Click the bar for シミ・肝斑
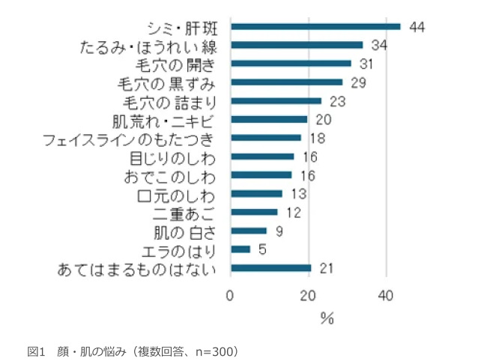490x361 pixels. click(315, 26)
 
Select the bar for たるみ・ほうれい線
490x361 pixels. click(297, 45)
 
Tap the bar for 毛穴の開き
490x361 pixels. click(291, 64)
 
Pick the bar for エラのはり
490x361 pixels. click(241, 249)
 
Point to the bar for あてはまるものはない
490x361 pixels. click(271, 267)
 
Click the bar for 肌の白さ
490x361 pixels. click(249, 231)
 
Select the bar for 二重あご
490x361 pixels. click(254, 212)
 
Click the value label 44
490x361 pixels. click(417, 27)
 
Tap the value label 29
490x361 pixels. click(358, 82)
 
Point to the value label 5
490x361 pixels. click(262, 249)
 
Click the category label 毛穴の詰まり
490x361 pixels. click(174, 101)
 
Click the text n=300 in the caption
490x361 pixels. click(208, 350)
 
